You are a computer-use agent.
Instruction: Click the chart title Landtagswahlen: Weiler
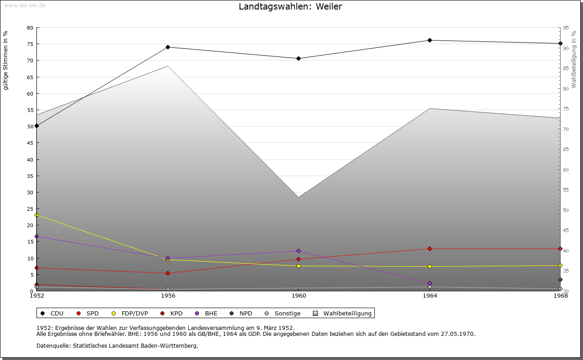coord(290,7)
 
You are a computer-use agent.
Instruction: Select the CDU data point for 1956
coord(168,47)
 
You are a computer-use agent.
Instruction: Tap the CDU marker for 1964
coord(430,41)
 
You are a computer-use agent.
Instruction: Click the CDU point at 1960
coord(298,58)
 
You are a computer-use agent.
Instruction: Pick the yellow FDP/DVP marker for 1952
coord(37,215)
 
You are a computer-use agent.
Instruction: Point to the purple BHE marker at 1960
coord(298,251)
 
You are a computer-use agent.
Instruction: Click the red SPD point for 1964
coord(430,248)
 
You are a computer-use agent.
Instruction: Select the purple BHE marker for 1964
coord(430,283)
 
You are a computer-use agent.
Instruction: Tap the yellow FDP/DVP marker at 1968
coord(560,265)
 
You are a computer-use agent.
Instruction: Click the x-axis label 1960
coord(298,296)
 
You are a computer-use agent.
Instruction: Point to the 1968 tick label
coord(560,296)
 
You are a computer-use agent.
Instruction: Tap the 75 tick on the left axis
coord(30,44)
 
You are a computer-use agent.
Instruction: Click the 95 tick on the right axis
coord(566,28)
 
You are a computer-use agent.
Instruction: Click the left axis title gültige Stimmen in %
coord(6,60)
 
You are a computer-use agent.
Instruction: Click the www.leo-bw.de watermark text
coord(25,5)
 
